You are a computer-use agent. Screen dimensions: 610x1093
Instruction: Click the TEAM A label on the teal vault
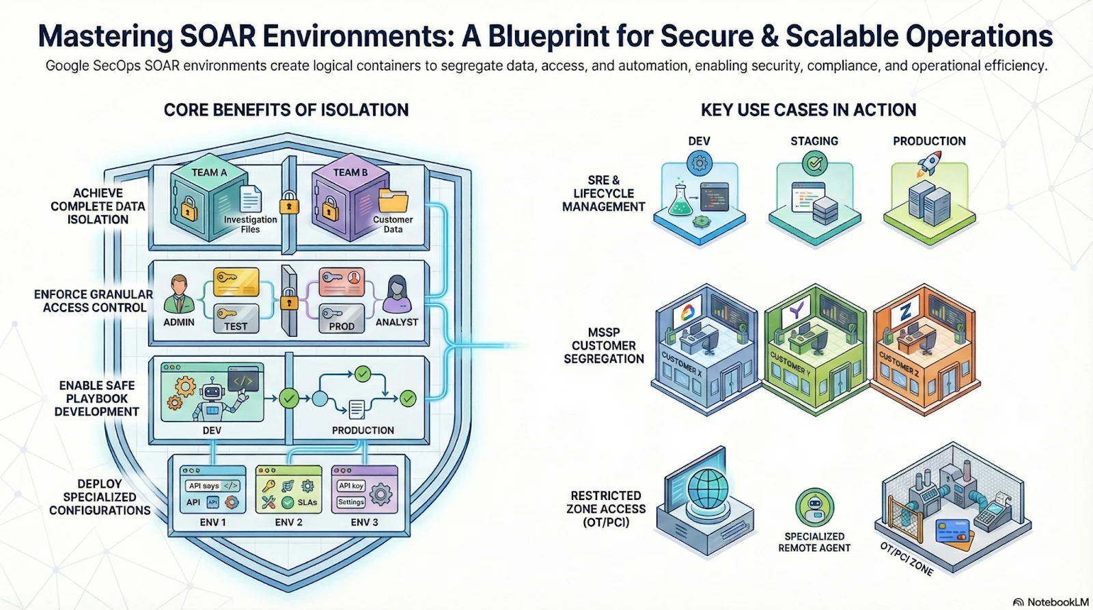pos(209,173)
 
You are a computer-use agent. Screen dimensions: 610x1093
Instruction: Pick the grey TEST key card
pos(236,318)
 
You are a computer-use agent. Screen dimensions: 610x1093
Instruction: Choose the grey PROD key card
pos(342,319)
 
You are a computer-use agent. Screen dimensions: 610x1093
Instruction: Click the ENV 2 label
pos(288,522)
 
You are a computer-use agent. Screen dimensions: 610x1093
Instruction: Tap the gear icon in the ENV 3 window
pos(381,494)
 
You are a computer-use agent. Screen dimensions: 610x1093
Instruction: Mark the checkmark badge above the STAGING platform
pos(814,163)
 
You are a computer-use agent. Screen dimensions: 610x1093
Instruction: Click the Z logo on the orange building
pos(906,313)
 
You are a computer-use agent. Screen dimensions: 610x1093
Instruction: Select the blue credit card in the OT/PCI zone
pos(953,531)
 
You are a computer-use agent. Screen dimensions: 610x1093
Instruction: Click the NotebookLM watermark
pos(1050,602)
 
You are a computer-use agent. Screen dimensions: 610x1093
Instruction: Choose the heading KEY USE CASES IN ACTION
pos(808,110)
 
